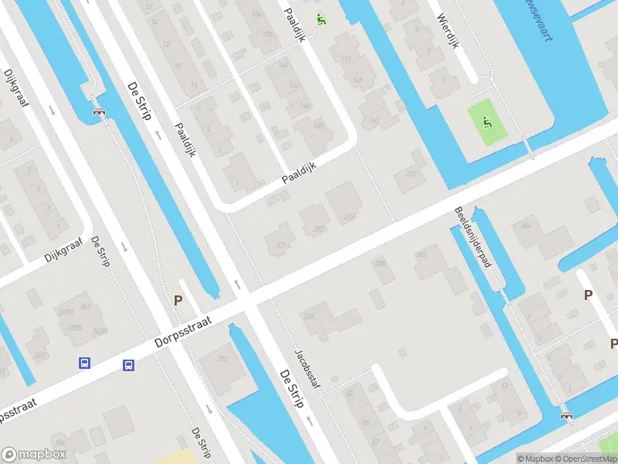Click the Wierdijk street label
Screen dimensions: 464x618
point(447,32)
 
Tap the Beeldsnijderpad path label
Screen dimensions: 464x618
point(473,237)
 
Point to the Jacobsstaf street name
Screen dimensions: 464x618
point(307,367)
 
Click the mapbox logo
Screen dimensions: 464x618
point(34,455)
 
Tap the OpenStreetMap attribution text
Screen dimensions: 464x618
point(584,459)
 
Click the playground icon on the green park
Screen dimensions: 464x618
point(487,121)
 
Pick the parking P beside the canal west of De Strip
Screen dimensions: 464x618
point(178,301)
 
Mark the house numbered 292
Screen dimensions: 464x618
point(223,358)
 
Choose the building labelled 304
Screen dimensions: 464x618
point(526,226)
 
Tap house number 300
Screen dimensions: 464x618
point(379,264)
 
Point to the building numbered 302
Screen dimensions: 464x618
point(422,254)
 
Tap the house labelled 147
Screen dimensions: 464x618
point(375,120)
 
